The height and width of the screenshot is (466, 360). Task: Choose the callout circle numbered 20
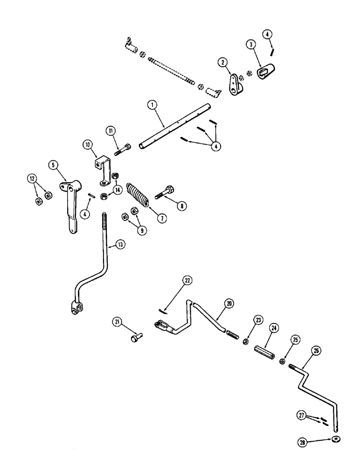click(229, 303)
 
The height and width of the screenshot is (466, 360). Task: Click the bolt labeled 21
click(136, 335)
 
